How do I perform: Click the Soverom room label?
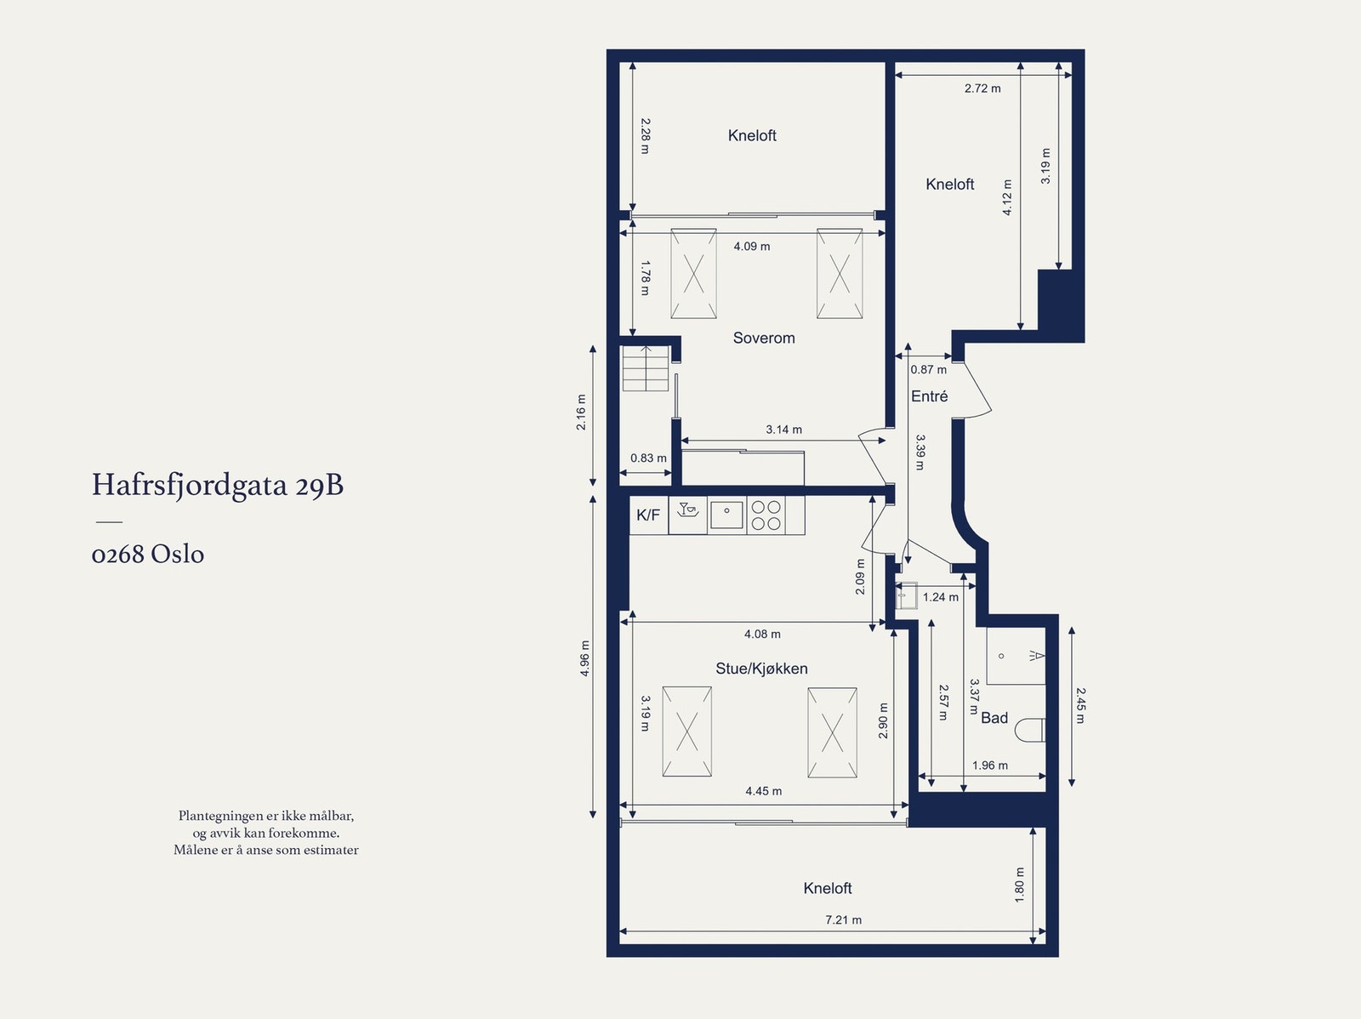[x=764, y=338]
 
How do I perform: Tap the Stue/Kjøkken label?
[x=761, y=669]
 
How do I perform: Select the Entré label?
[x=930, y=396]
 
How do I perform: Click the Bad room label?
[x=994, y=718]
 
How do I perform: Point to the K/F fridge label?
[x=648, y=515]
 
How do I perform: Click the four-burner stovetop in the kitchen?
[x=766, y=515]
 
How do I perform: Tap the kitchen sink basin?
[x=726, y=515]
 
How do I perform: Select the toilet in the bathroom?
[x=1030, y=730]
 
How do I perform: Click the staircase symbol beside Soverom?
[x=646, y=368]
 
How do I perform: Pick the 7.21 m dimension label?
[x=843, y=919]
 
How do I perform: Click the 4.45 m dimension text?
[x=763, y=791]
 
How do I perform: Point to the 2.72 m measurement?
[x=982, y=88]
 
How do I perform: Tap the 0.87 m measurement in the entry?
[x=928, y=369]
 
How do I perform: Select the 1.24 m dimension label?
[x=940, y=597]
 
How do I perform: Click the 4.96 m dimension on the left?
[x=584, y=658]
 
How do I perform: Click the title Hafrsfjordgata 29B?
[x=218, y=485]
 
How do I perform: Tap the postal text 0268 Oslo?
[x=147, y=554]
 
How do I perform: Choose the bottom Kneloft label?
[x=827, y=888]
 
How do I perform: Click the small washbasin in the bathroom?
[x=907, y=595]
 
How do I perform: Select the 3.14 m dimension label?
[x=783, y=429]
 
